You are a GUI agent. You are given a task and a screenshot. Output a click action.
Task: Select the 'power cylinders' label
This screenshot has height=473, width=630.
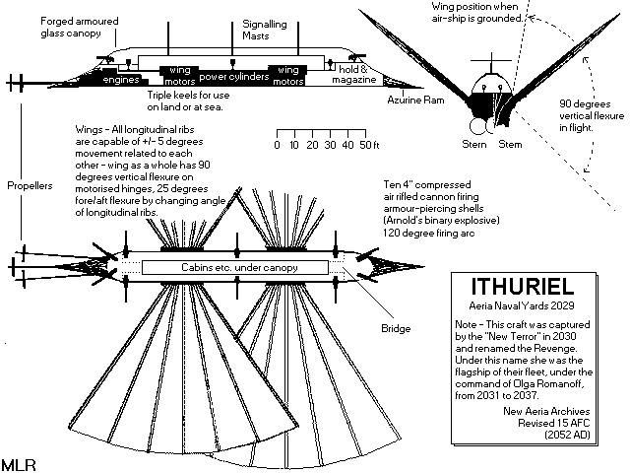click(x=233, y=76)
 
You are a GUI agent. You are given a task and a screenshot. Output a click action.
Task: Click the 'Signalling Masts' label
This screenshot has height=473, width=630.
click(x=260, y=27)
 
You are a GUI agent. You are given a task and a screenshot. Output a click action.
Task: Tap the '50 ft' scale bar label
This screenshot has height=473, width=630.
click(x=369, y=144)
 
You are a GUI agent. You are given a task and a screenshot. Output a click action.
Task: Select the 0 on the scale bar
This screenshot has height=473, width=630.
click(x=277, y=144)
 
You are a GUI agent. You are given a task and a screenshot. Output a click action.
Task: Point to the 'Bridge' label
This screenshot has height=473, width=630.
click(x=394, y=327)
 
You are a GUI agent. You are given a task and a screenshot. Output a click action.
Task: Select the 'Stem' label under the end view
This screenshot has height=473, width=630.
click(x=510, y=144)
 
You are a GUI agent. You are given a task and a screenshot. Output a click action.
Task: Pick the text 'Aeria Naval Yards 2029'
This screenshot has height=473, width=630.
click(x=527, y=307)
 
